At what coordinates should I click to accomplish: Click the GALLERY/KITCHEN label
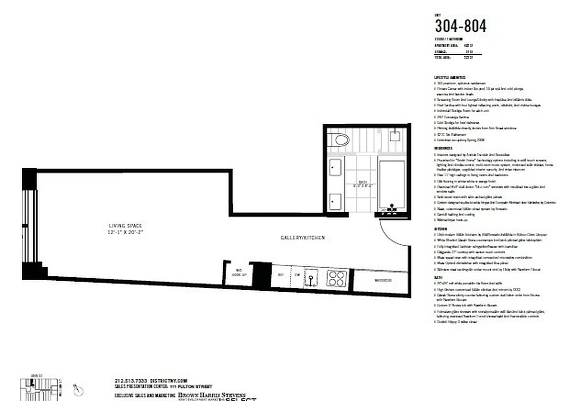pos(302,238)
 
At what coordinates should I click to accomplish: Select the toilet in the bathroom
pos(340,139)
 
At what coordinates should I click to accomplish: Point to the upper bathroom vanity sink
pos(335,167)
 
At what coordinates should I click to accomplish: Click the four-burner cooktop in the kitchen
pos(334,278)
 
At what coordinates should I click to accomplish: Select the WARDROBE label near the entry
pos(382,280)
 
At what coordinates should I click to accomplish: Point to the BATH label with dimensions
pos(361,184)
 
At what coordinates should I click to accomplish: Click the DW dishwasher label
pos(297,275)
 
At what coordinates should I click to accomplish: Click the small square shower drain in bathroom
pos(395,135)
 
